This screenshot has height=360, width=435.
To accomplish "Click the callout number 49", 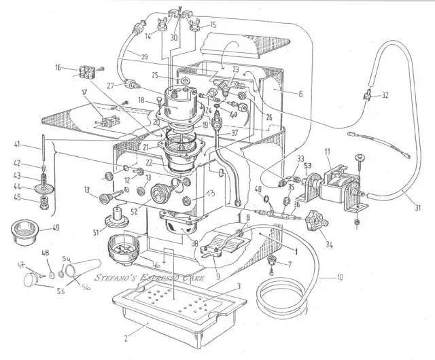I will [x=55, y=227].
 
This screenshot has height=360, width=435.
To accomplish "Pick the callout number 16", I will [x=58, y=68].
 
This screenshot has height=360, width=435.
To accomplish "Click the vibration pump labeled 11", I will [x=336, y=183].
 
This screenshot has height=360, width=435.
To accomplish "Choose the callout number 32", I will [x=385, y=94].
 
